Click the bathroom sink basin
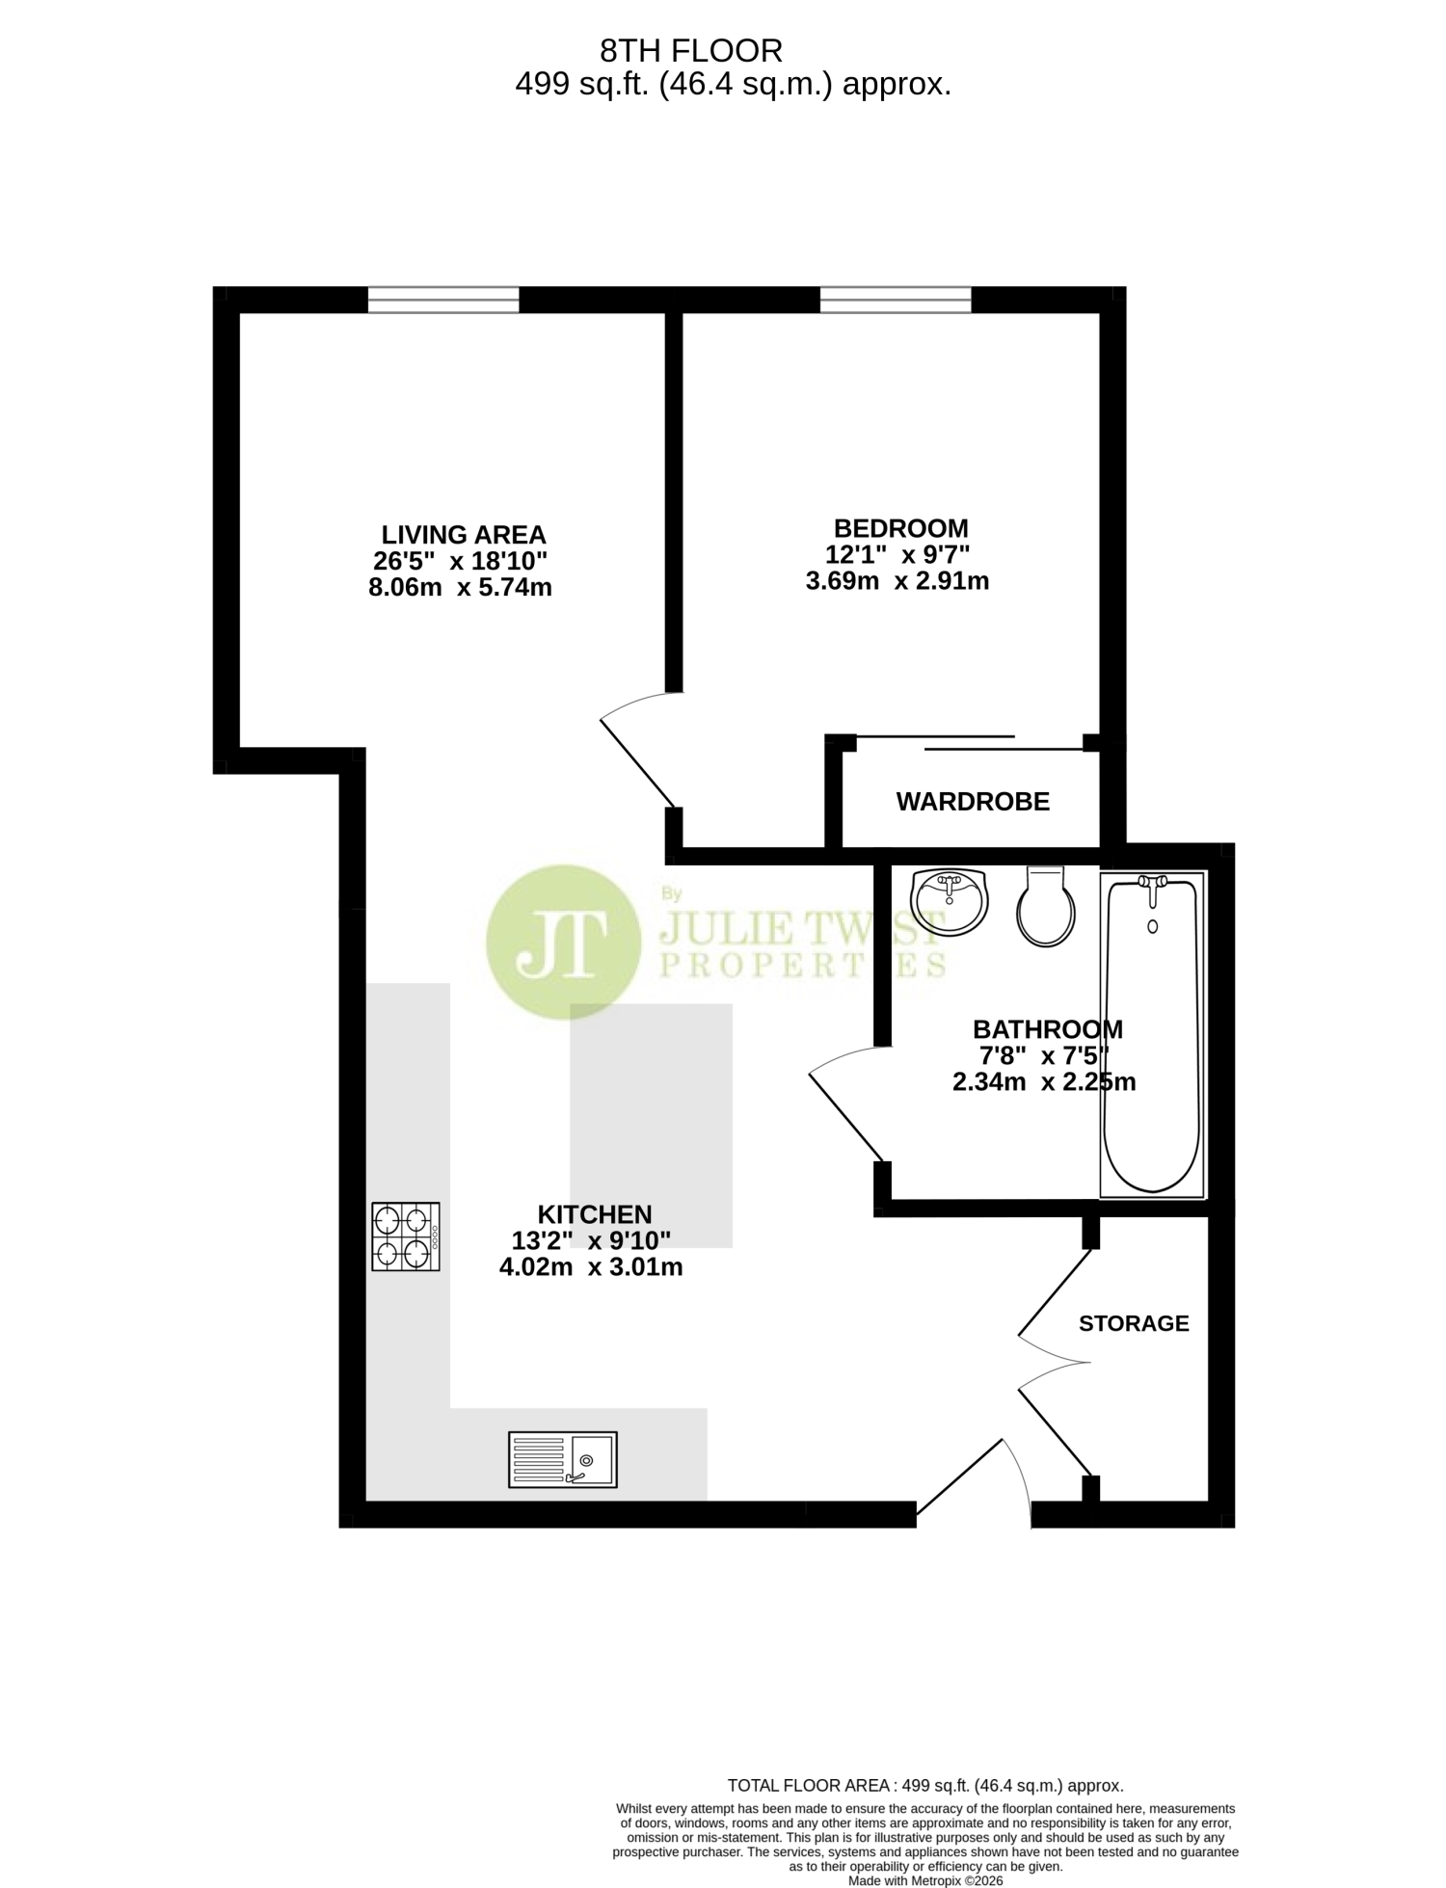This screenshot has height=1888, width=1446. point(951,901)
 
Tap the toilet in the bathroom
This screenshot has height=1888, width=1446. point(1046,905)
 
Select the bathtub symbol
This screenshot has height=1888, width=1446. point(1152,1034)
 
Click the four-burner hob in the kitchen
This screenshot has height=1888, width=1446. point(406,1237)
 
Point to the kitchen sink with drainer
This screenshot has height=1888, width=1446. point(563,1460)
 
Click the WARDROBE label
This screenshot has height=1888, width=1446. point(973,801)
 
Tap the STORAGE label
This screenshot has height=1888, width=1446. point(1134,1323)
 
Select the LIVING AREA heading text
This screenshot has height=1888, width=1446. point(464,535)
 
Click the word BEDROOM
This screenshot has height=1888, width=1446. point(900,528)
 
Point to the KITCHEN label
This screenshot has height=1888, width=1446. point(595,1214)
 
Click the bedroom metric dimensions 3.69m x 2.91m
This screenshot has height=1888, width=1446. point(897,581)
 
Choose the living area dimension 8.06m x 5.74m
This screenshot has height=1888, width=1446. point(460,587)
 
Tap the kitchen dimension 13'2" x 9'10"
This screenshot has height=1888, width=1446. point(591,1240)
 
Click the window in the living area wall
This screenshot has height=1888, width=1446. point(443,300)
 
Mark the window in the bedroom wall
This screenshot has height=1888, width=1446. point(896,300)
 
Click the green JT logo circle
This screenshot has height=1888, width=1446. point(563,942)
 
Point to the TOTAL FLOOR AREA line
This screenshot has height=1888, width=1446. point(925,1786)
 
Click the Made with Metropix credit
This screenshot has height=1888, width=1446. point(925,1880)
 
